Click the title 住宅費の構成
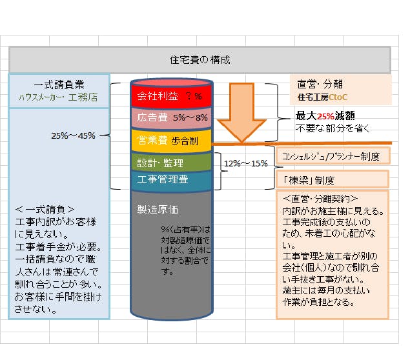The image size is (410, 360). point(200,60)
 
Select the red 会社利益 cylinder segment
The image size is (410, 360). point(172,95)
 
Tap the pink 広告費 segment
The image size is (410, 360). point(172,118)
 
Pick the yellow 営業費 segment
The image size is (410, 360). point(172,141)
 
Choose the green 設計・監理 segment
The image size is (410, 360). point(172,163)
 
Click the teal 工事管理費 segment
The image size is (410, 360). point(172,180)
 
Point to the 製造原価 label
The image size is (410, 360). point(158,210)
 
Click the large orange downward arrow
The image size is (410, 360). point(241,112)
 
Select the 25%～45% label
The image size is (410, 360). point(73,135)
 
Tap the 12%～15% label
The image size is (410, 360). point(246,163)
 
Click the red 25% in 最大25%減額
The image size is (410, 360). point(325,115)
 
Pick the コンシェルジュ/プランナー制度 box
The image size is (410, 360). point(333,156)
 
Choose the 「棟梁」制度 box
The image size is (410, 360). point(333,179)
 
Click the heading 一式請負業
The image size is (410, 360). point(59,85)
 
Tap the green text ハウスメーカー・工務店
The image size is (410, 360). point(58,97)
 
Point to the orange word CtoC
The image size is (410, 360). point(338,97)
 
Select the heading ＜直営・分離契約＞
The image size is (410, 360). point(320,199)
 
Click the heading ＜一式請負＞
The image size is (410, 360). point(45,210)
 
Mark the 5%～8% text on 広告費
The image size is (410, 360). point(190,118)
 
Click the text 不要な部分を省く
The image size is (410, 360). point(333,128)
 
